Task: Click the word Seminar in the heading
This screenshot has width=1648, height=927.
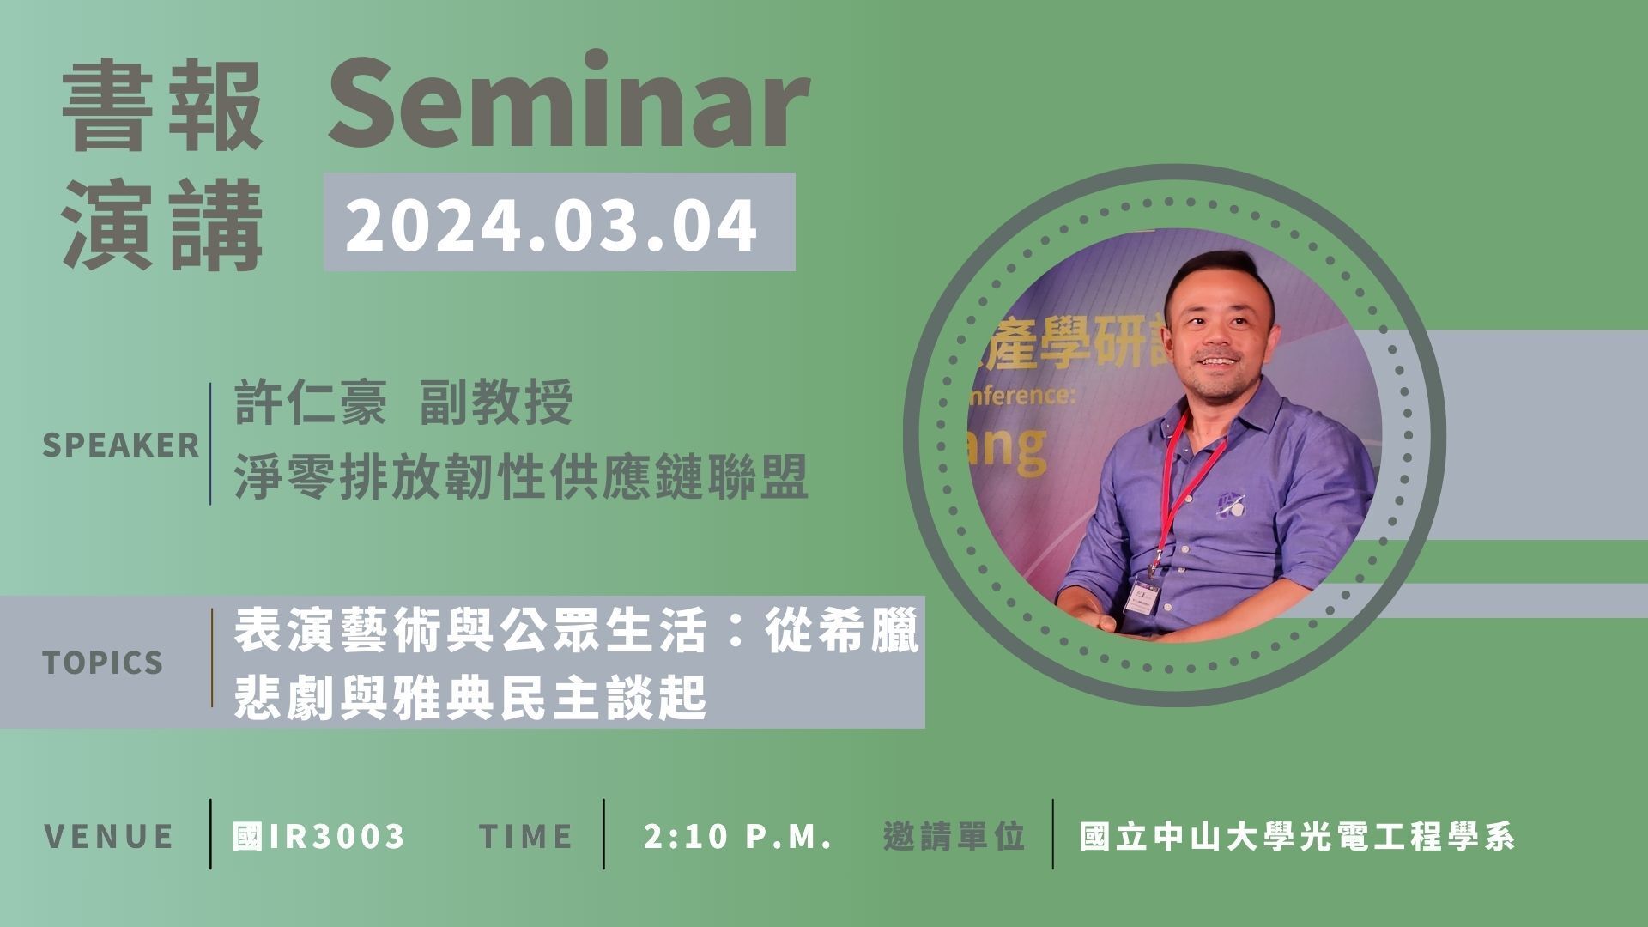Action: tap(569, 101)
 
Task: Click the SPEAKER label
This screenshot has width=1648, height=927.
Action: tap(121, 445)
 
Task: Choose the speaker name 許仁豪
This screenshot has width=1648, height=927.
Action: tap(310, 403)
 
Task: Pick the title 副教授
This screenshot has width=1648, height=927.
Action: tap(496, 403)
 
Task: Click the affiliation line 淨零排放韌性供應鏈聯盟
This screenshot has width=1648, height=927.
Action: tap(522, 478)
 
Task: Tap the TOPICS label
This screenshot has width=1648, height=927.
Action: tap(103, 663)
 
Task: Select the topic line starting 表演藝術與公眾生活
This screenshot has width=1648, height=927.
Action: tap(577, 632)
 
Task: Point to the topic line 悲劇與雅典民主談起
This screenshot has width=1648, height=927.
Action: tap(470, 700)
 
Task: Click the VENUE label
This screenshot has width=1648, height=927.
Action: tap(109, 836)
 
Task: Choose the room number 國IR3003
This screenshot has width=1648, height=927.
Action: tap(318, 836)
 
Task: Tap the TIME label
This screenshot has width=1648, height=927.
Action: tap(526, 836)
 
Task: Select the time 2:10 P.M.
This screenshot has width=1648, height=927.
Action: tap(738, 836)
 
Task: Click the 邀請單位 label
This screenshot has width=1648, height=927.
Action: tap(954, 836)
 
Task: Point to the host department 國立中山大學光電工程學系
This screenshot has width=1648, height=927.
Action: tap(1297, 836)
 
